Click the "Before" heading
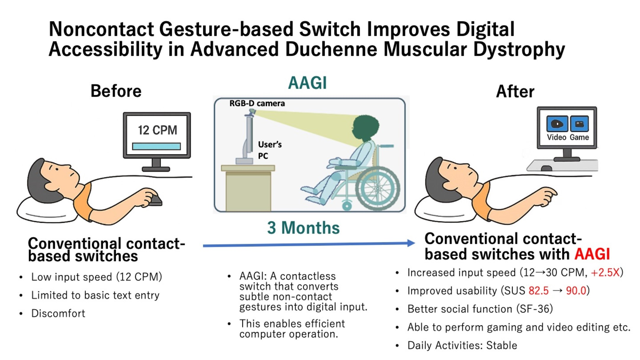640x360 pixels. coord(116,91)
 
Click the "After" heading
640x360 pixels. coord(515,91)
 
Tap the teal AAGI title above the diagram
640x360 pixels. coord(307,83)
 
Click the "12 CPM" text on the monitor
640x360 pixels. coord(157,130)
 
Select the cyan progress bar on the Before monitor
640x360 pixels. coord(156,146)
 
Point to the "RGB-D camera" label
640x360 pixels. coord(257,103)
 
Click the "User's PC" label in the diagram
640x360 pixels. coord(269,150)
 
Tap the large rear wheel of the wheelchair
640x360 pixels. coord(377,188)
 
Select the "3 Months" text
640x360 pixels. coord(303,228)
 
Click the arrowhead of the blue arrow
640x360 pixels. coord(411,243)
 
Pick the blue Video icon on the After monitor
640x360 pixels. coord(557,124)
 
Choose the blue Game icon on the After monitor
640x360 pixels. coord(579,124)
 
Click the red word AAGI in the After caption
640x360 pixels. coord(592,254)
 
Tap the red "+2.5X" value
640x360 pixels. coord(605,272)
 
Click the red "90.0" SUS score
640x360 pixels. coord(576,291)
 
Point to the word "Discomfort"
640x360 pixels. coord(58,313)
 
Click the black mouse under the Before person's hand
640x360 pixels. coord(155,201)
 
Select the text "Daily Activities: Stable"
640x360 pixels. coord(462,345)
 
